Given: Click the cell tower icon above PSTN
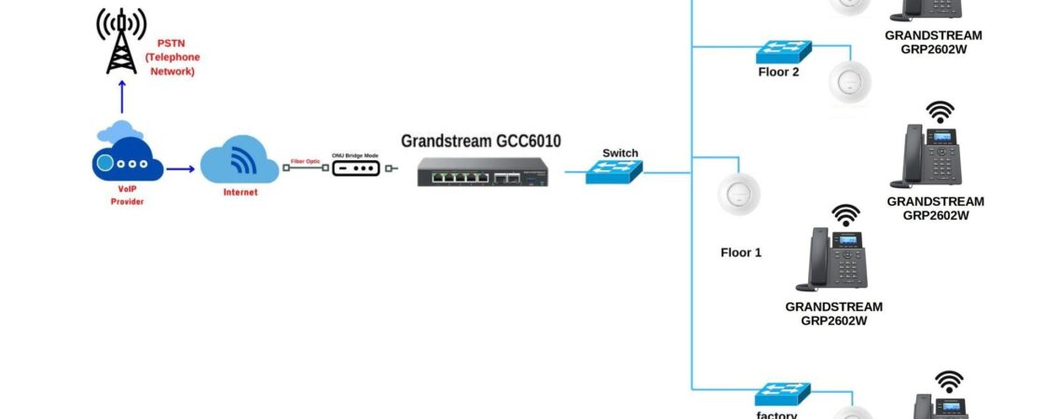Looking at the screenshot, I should tap(121, 42).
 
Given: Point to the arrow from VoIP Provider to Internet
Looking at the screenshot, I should tap(181, 169).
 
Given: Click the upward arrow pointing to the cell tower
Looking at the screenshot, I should tap(121, 97).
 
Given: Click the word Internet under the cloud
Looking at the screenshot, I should tap(240, 192).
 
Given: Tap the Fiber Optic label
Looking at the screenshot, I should tap(306, 161).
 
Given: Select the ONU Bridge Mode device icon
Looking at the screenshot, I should tap(356, 169).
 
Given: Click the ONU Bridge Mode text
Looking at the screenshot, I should tap(356, 155).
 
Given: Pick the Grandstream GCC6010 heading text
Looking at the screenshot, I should tap(481, 141).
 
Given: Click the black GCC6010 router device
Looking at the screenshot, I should tap(482, 171).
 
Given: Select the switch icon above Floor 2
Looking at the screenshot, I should tap(783, 50).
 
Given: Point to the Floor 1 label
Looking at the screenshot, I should tap(741, 252).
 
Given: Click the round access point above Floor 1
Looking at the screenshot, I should tap(739, 195).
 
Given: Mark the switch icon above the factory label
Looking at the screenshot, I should tap(783, 394).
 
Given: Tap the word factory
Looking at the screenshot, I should tap(776, 414).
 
